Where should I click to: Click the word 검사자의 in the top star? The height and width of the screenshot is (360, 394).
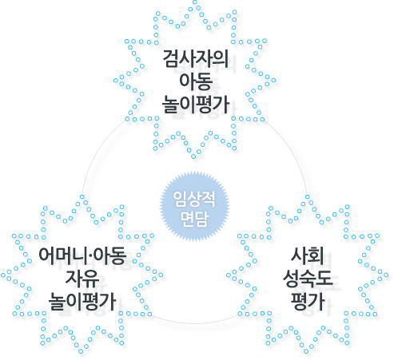(x=196, y=58)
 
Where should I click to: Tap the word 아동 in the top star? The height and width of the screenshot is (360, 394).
(x=196, y=81)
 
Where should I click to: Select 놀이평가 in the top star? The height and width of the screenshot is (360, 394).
(x=196, y=105)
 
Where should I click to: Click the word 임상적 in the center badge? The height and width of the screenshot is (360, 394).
(x=194, y=199)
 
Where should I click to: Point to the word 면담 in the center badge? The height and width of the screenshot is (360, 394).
(x=194, y=219)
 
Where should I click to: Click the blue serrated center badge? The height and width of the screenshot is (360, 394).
(x=194, y=206)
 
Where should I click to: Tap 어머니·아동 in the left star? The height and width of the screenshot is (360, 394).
(x=82, y=255)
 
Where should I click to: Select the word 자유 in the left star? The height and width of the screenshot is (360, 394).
(x=82, y=279)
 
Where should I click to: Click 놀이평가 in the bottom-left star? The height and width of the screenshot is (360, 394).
(x=82, y=302)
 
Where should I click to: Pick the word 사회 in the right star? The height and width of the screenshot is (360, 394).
(x=308, y=255)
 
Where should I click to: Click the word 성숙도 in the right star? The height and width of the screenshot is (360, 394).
(x=308, y=279)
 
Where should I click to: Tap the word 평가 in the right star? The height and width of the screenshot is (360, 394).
(x=308, y=302)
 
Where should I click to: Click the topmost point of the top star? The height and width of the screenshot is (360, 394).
(x=195, y=2)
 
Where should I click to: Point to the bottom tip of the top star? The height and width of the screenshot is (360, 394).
(x=193, y=156)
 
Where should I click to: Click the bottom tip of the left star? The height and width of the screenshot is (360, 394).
(x=81, y=351)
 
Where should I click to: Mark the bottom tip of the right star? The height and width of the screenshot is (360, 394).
(x=306, y=351)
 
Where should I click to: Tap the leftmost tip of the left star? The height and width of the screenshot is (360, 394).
(x=3, y=275)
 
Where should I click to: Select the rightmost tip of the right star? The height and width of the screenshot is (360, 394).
(x=386, y=275)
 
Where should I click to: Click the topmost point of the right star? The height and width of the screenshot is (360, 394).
(x=308, y=197)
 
